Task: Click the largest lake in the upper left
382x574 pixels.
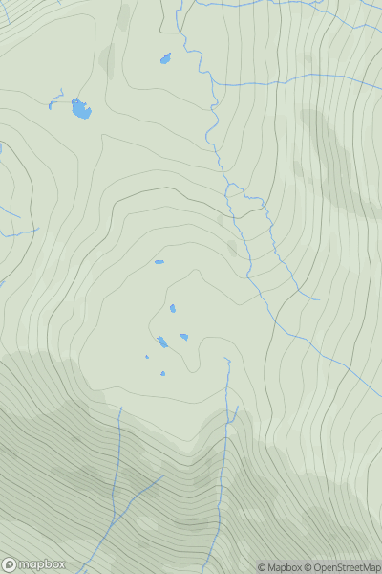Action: (81, 109)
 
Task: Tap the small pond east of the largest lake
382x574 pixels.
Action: (165, 59)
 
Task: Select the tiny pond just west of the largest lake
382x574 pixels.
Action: (50, 104)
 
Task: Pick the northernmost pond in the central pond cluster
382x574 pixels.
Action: (159, 262)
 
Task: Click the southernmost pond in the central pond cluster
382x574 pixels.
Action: (163, 374)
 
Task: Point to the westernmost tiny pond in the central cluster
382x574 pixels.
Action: (147, 357)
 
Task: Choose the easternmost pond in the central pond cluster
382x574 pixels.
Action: (183, 337)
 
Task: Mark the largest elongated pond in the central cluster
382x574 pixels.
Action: (162, 342)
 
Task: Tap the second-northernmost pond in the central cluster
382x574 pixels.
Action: (172, 308)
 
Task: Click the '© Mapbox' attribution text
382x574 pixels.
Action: (280, 567)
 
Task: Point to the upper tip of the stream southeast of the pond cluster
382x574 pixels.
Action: (226, 359)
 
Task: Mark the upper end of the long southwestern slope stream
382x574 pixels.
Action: (121, 408)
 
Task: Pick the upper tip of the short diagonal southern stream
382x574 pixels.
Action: (163, 475)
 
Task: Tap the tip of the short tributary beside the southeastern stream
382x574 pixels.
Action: (236, 408)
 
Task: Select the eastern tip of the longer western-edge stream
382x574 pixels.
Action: (38, 230)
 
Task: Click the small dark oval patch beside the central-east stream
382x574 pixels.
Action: (232, 247)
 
